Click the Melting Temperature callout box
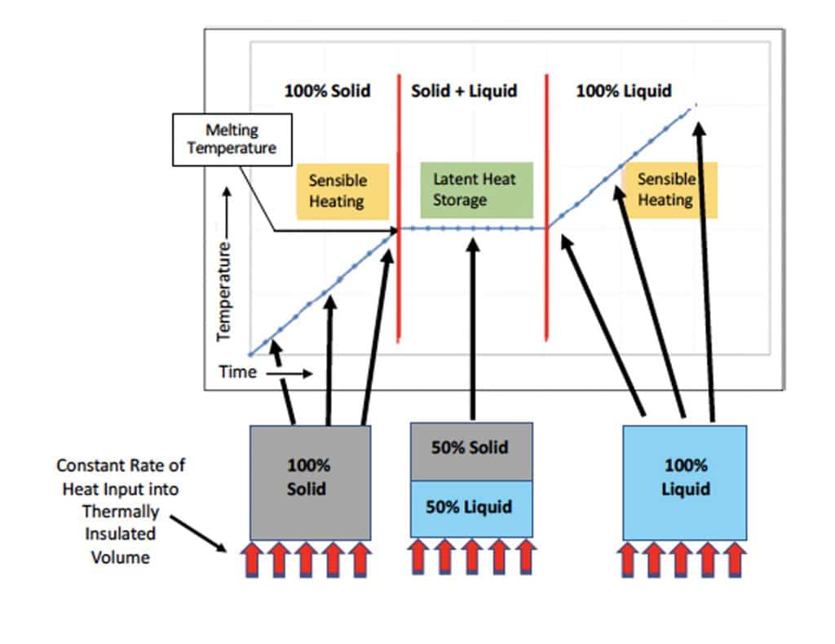tap(231, 139)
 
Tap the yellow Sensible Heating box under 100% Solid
tap(337, 190)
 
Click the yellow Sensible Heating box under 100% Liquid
tap(668, 189)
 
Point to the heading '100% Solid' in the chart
tap(327, 90)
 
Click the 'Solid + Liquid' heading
tap(463, 90)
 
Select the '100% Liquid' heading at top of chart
tap(624, 90)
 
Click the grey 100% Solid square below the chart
tap(310, 481)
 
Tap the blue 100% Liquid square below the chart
tap(684, 481)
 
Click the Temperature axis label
tap(224, 289)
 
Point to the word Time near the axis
tap(237, 373)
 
